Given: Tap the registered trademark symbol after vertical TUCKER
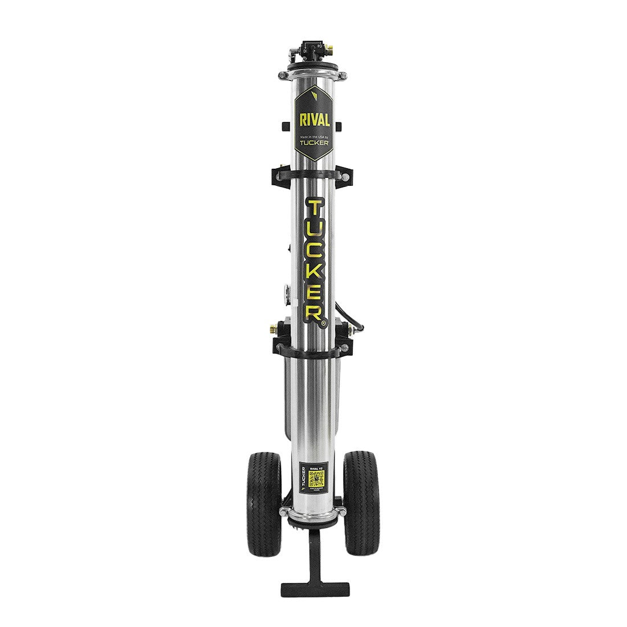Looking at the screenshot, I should pos(323,323).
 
